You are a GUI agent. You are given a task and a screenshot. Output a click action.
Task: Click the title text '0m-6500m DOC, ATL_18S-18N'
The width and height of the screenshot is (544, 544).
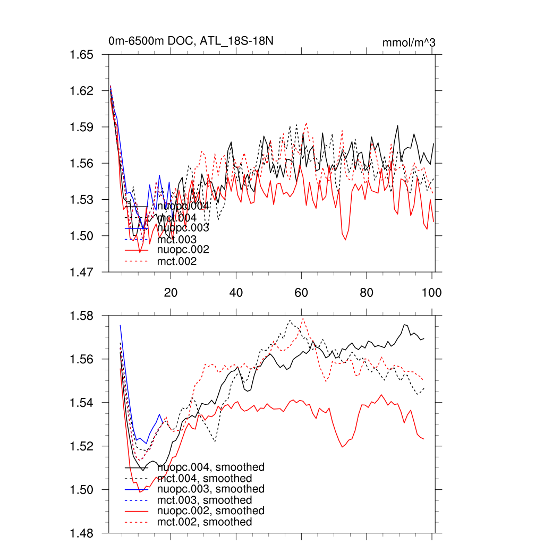point(192,41)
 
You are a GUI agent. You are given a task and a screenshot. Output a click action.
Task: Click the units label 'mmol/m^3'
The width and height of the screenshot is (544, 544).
point(409,43)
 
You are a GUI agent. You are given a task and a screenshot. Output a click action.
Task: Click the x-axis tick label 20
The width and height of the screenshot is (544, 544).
point(171,293)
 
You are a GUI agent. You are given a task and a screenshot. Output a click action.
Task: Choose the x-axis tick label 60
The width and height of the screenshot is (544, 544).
point(301,293)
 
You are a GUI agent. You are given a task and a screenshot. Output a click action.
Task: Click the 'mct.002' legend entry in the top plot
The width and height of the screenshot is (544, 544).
point(177,261)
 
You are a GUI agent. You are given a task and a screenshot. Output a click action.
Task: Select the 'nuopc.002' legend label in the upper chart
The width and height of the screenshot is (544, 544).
point(183,249)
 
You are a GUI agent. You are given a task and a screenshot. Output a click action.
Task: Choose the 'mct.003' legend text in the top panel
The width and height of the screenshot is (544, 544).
point(177,240)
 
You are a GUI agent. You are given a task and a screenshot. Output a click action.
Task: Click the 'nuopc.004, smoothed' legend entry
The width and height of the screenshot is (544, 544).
point(211,467)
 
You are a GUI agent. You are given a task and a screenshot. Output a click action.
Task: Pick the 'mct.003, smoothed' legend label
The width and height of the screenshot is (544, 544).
point(205,500)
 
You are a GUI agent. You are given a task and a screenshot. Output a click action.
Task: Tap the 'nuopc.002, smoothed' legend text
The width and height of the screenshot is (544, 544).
point(211,511)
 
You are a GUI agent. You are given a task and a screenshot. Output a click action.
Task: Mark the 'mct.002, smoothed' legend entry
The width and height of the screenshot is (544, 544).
point(205,522)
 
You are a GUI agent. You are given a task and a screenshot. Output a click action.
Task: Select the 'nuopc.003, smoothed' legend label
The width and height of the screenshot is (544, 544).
point(211,489)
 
